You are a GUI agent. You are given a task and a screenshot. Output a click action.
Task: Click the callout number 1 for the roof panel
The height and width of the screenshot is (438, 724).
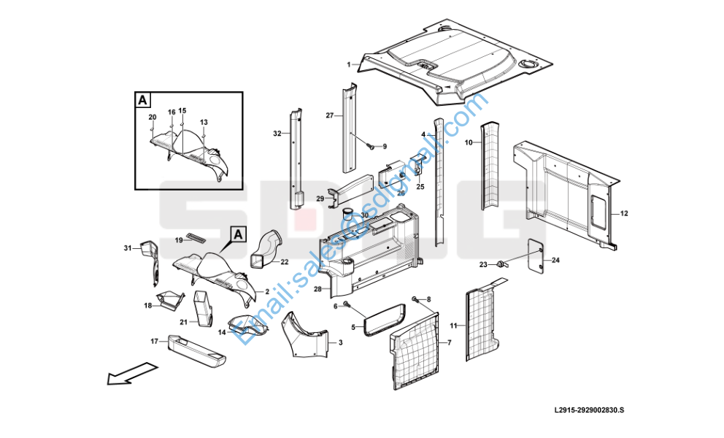pyautogui.click(x=349, y=64)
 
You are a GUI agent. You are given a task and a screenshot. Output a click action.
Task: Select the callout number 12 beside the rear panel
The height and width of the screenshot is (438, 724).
pyautogui.click(x=624, y=214)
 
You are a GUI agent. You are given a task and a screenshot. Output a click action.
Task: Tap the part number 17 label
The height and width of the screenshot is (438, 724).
pyautogui.click(x=154, y=341)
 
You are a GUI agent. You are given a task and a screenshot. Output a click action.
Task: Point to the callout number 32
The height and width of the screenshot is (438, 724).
pyautogui.click(x=277, y=134)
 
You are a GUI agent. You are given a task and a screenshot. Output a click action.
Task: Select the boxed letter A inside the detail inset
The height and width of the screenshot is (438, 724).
pyautogui.click(x=143, y=99)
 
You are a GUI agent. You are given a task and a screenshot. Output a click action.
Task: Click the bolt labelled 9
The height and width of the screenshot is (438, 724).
pyautogui.click(x=371, y=147)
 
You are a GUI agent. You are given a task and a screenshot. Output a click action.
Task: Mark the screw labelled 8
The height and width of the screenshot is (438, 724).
pyautogui.click(x=415, y=299)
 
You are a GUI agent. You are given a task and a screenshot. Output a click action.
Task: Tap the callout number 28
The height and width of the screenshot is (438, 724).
pyautogui.click(x=317, y=290)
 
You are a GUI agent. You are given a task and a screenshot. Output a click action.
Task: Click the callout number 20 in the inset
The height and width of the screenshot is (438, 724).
pyautogui.click(x=153, y=118)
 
